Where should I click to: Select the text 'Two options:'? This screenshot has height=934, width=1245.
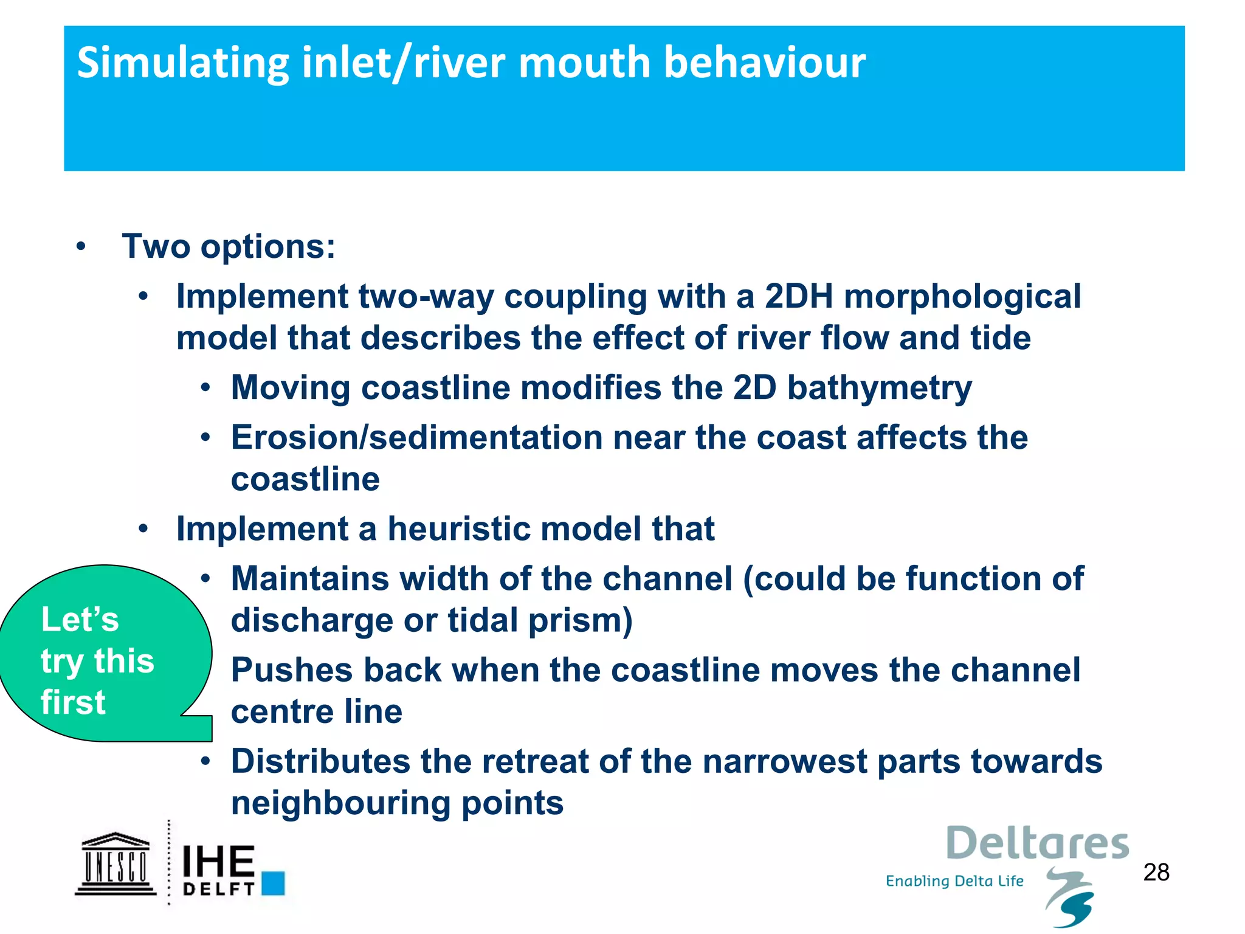[x=229, y=247]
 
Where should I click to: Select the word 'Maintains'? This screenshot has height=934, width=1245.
[x=309, y=578]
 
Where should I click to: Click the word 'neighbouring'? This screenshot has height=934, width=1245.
[x=341, y=803]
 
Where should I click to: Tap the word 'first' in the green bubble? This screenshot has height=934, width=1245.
[x=73, y=702]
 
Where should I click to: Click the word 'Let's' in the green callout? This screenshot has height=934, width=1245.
[x=80, y=620]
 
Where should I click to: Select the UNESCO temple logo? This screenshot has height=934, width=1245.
[x=116, y=864]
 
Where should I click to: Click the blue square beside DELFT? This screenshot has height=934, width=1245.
[x=273, y=883]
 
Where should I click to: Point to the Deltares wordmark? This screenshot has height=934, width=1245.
[x=1037, y=844]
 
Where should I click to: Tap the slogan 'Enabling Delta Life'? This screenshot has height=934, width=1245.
[x=954, y=881]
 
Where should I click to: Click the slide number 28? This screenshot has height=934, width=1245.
[x=1156, y=873]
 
